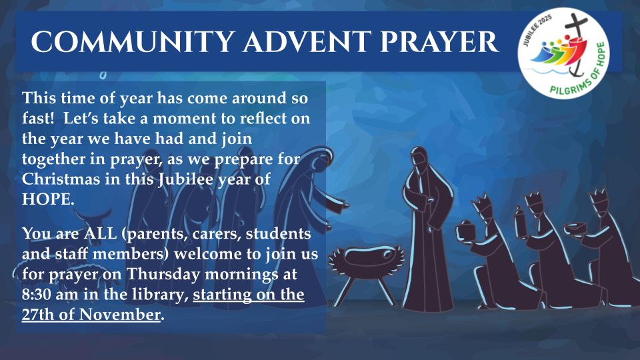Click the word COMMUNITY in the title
[133, 41]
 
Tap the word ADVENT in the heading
[307, 41]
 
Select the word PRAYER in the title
[439, 41]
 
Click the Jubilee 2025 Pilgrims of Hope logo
[563, 53]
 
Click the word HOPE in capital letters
[48, 199]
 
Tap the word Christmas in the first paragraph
[61, 179]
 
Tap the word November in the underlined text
[119, 315]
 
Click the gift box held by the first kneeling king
[466, 231]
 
